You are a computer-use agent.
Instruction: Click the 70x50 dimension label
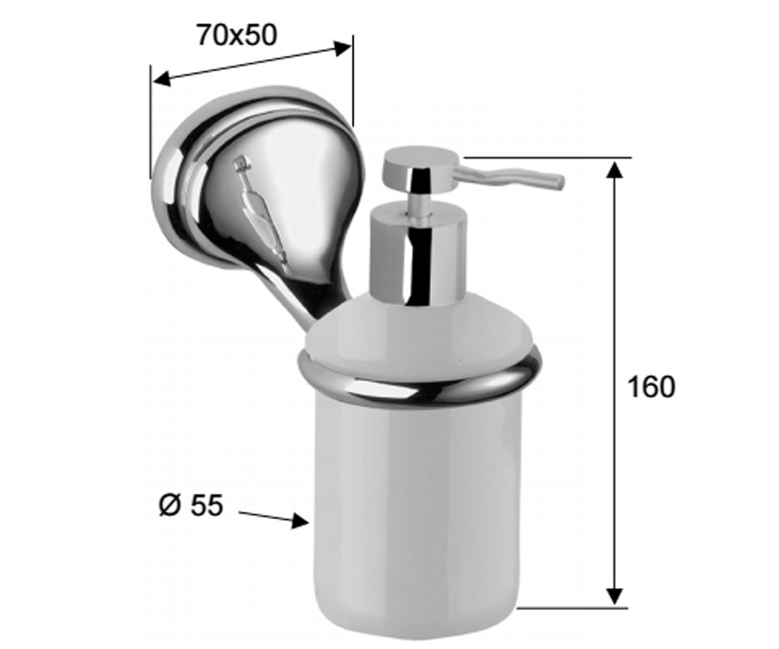238,36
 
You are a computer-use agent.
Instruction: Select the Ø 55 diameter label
191,506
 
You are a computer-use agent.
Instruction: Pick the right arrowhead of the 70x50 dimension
343,49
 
